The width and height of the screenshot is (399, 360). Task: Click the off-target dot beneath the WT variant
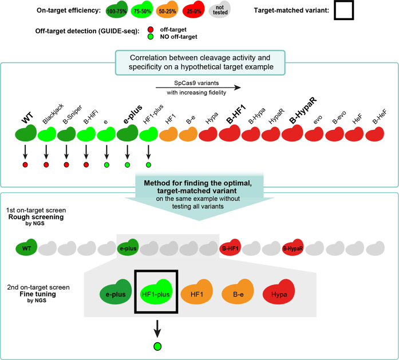(x=25, y=165)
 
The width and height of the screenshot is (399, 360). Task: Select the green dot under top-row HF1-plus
(x=148, y=165)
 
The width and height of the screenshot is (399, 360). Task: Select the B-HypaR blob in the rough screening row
(x=292, y=248)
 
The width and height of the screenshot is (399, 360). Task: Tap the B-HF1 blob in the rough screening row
(x=231, y=248)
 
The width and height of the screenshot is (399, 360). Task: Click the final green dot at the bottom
(x=157, y=346)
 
